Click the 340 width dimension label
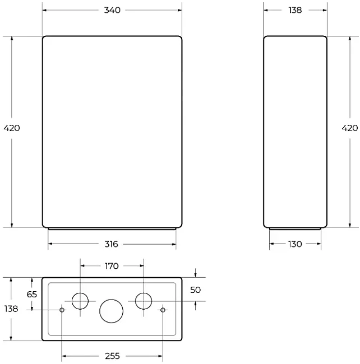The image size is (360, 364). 112,10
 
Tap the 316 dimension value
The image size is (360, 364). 112,244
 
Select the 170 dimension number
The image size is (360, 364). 112,266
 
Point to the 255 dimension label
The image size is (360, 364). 112,356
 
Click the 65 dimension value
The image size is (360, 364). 32,295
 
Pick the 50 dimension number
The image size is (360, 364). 195,290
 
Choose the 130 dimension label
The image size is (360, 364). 295,244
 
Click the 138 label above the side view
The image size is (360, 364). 295,10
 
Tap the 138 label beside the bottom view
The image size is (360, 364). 11,309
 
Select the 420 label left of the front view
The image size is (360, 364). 12,128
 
